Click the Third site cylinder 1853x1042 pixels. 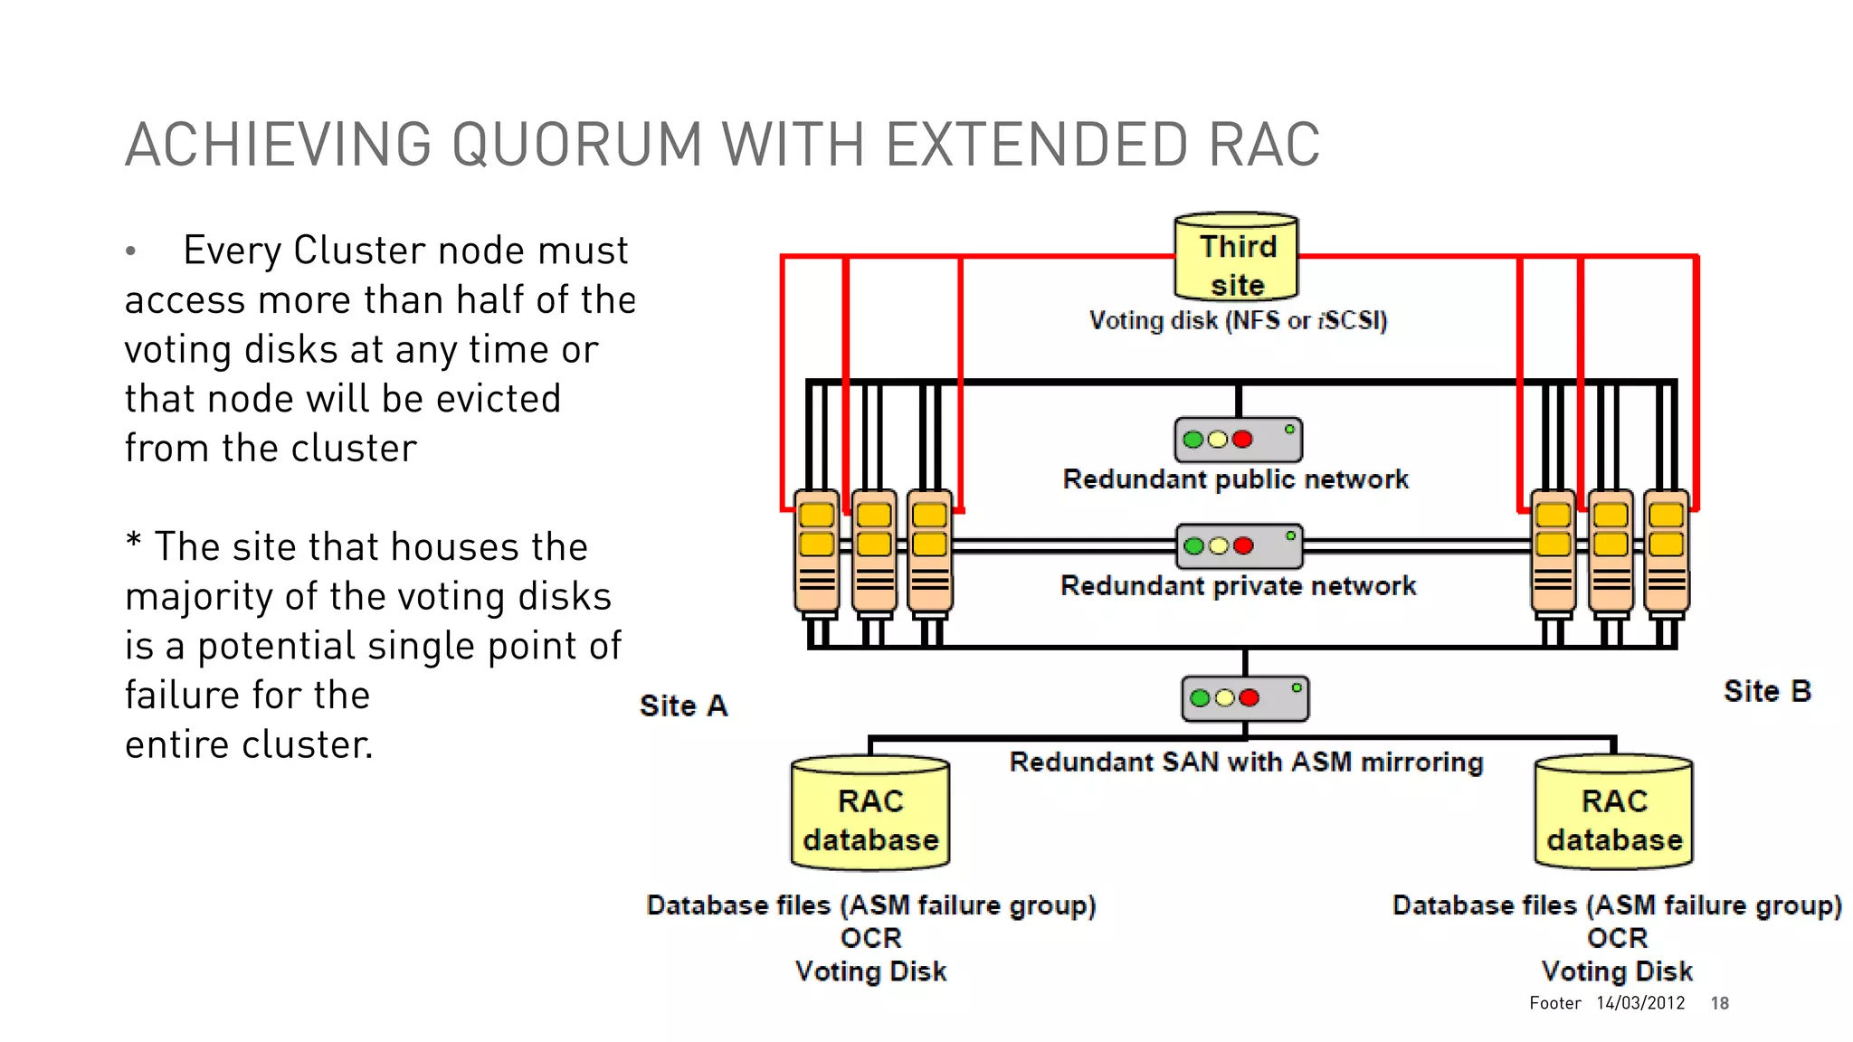pyautogui.click(x=1236, y=258)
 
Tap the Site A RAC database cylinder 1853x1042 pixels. pyautogui.click(x=870, y=814)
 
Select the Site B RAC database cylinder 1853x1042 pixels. pyautogui.click(x=1614, y=814)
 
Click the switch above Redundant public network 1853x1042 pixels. pyautogui.click(x=1238, y=440)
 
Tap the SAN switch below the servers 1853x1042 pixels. pyautogui.click(x=1245, y=697)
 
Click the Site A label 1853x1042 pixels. pyautogui.click(x=683, y=706)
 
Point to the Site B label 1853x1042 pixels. pyautogui.click(x=1766, y=691)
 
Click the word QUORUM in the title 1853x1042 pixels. pyautogui.click(x=576, y=145)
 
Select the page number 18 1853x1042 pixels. pyautogui.click(x=1719, y=1003)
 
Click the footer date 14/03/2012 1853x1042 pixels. pyautogui.click(x=1640, y=1003)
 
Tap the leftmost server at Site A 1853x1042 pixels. pyautogui.click(x=817, y=552)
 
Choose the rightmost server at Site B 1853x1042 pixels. pyautogui.click(x=1667, y=552)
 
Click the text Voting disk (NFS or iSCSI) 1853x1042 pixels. pyautogui.click(x=1238, y=320)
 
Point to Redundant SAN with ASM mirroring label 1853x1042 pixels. pyautogui.click(x=1246, y=763)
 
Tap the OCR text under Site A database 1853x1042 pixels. pyautogui.click(x=870, y=938)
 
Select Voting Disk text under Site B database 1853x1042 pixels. pyautogui.click(x=1616, y=971)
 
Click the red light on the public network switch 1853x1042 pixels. pyautogui.click(x=1242, y=440)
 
